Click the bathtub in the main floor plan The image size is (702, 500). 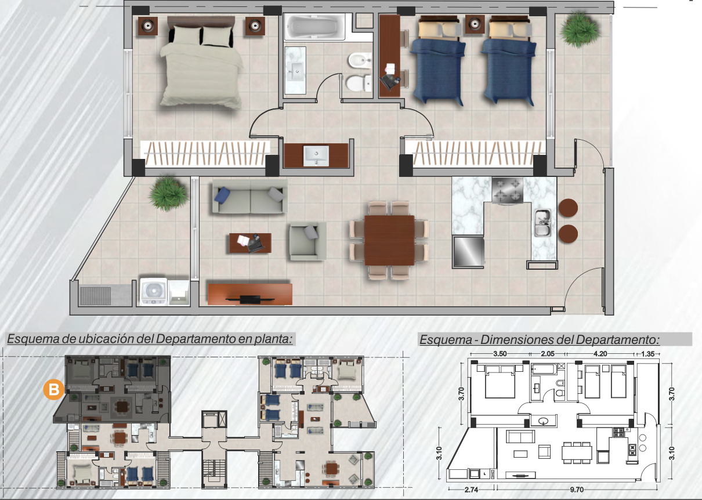click(314, 27)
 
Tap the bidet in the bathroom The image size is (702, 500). click(360, 60)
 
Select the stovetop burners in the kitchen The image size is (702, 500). click(508, 190)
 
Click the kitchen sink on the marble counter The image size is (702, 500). click(542, 223)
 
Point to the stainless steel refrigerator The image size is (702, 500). click(468, 252)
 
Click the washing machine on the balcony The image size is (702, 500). click(153, 292)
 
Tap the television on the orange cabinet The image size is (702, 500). click(250, 299)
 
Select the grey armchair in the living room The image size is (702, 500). click(307, 241)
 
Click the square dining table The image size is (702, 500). click(389, 240)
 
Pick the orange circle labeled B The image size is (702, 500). click(53, 390)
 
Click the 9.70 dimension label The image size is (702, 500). click(577, 490)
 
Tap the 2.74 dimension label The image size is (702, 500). click(471, 490)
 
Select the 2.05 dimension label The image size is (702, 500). click(548, 354)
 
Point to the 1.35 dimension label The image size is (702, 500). click(648, 354)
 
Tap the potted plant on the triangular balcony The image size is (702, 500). click(168, 193)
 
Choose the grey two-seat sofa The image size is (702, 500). click(250, 197)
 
